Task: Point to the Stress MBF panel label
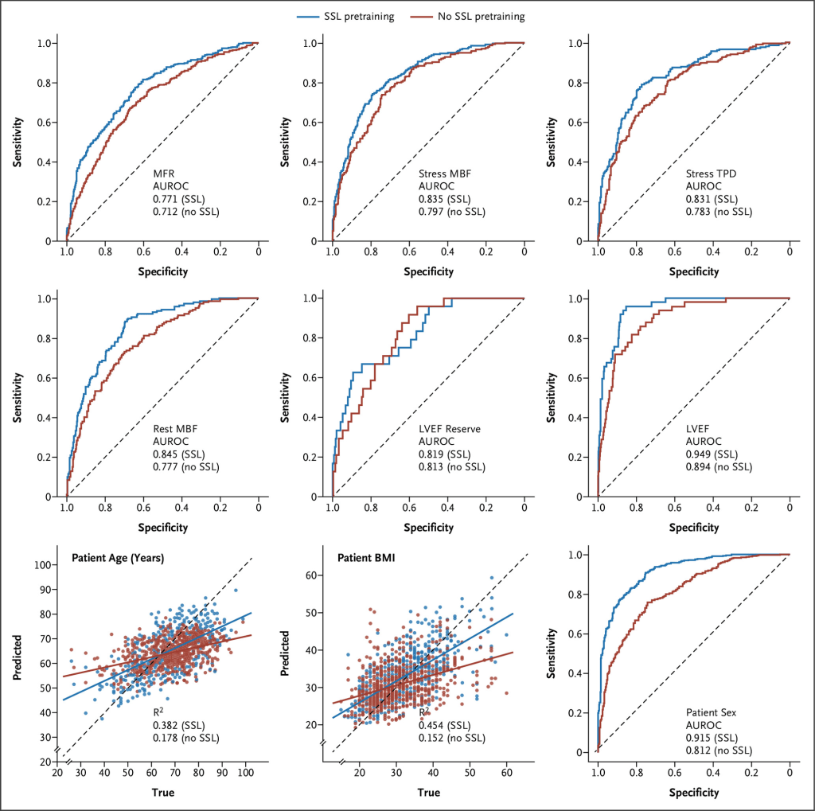click(446, 173)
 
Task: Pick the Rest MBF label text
click(176, 428)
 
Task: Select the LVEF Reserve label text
click(450, 428)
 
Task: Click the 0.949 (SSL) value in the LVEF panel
click(712, 454)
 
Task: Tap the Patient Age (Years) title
click(118, 558)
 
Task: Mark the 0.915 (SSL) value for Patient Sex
click(712, 737)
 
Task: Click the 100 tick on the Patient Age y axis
click(45, 564)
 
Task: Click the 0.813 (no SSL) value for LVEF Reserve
click(451, 466)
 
